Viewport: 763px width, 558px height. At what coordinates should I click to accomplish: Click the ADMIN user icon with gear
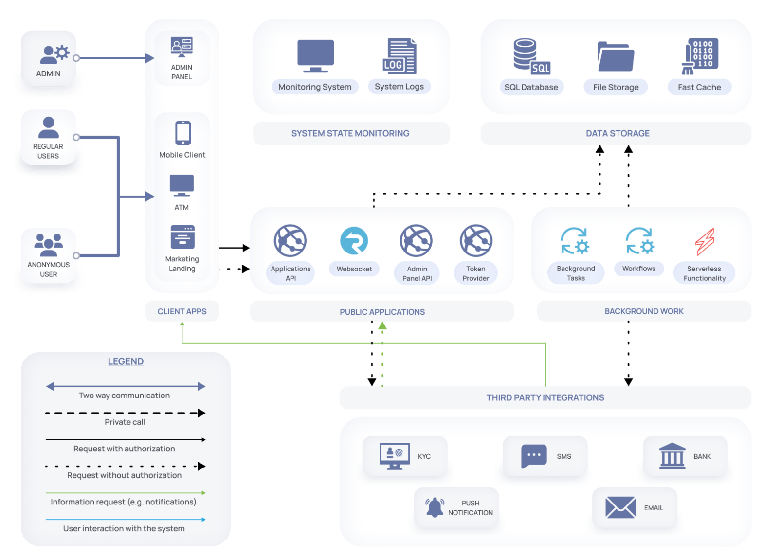[54, 54]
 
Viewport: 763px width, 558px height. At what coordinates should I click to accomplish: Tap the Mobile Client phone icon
[183, 133]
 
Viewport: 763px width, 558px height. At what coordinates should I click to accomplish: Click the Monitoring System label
[315, 87]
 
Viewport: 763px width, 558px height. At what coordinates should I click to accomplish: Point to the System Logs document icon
[399, 56]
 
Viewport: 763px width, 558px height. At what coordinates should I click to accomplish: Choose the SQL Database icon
[531, 56]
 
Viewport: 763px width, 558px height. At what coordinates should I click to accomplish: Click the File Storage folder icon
[616, 57]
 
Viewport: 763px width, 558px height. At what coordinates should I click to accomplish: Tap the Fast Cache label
[699, 87]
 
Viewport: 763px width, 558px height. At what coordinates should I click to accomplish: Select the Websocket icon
[354, 241]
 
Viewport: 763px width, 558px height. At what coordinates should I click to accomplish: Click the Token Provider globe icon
[476, 240]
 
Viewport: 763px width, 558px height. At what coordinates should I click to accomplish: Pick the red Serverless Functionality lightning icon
[705, 242]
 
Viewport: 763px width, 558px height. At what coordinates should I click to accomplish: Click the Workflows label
[638, 269]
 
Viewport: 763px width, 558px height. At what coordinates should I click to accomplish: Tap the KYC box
[405, 456]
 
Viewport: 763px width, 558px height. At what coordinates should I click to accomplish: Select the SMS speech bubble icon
[533, 456]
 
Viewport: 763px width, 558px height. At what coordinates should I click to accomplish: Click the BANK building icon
[672, 456]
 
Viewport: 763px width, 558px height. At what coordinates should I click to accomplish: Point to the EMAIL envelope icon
[620, 507]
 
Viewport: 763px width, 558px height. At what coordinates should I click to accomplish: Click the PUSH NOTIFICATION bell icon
[435, 507]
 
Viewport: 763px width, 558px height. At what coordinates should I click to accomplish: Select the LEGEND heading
[126, 361]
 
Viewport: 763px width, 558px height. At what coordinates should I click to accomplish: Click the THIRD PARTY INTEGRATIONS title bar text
[545, 397]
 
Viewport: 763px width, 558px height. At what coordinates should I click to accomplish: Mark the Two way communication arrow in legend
[126, 386]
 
